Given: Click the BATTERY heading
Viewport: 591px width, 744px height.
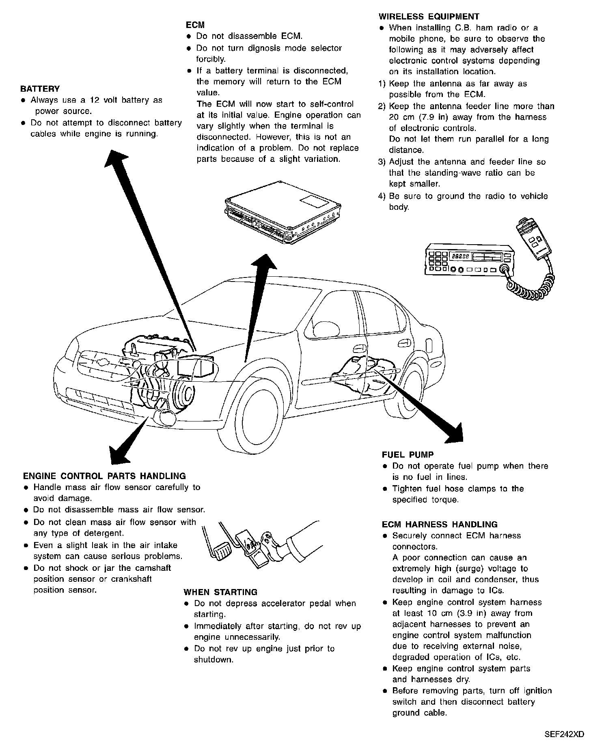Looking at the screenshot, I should tap(40, 89).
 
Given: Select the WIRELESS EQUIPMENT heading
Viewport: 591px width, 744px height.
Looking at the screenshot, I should tap(429, 17).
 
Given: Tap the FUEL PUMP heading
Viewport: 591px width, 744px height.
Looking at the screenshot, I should tap(408, 455).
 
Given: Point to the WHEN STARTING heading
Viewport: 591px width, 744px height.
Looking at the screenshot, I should tap(220, 592).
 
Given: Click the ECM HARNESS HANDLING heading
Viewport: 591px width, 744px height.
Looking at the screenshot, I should tap(440, 525).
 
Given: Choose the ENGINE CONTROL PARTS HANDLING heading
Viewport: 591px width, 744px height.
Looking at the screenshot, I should tap(104, 476).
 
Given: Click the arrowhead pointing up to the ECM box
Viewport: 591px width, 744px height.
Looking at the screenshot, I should tap(265, 264).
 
